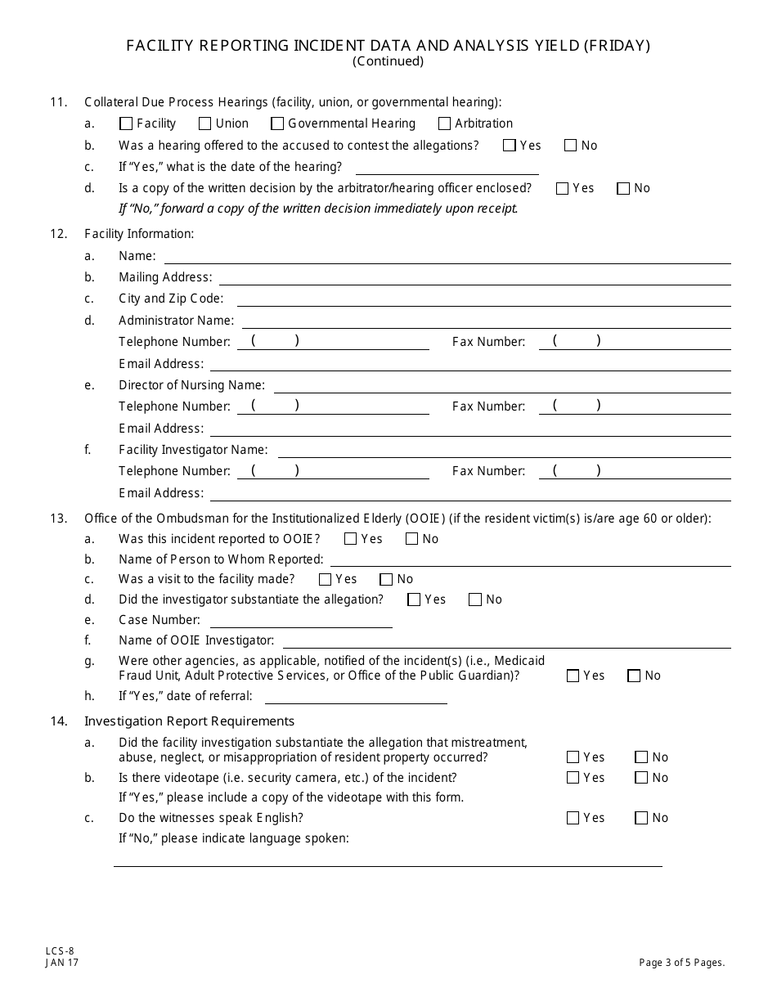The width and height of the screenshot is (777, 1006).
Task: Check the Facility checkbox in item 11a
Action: point(126,124)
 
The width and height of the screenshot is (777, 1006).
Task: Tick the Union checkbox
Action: point(204,124)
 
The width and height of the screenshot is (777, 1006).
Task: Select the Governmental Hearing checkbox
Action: point(277,124)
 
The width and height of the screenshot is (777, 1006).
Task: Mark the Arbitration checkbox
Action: point(444,124)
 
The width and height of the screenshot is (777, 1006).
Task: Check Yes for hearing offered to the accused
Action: point(510,146)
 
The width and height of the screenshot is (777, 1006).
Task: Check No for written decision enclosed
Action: point(623,189)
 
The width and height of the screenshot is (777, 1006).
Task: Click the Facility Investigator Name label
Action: point(193,450)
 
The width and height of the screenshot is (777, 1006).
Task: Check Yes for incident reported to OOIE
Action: point(351,539)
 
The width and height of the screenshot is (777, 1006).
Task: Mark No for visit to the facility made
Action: point(386,580)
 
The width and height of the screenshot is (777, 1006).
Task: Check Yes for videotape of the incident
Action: point(573,778)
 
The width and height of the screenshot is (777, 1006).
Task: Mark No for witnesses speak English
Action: point(641,818)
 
